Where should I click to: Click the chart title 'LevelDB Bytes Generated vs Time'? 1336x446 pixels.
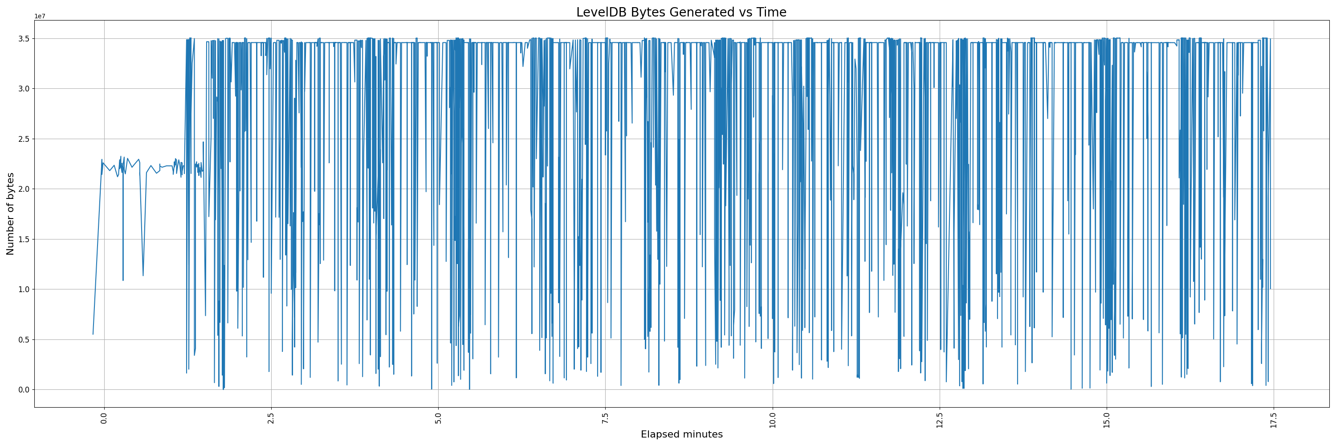click(681, 12)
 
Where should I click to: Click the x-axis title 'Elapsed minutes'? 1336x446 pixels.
click(681, 434)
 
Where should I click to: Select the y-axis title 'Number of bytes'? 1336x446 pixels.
click(10, 214)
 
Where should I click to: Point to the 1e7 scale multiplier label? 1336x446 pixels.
click(40, 16)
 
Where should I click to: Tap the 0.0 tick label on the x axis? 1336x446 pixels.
click(104, 418)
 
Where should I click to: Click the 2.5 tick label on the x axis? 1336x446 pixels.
click(271, 418)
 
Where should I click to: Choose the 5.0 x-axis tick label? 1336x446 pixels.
click(438, 418)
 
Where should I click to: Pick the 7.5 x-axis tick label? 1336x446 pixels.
click(605, 418)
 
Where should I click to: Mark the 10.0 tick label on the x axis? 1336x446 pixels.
click(773, 420)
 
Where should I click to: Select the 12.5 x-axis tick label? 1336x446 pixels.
click(940, 420)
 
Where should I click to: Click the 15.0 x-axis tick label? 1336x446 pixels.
click(1107, 420)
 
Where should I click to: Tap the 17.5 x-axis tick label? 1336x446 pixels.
click(1274, 420)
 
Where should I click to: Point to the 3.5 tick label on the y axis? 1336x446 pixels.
click(24, 39)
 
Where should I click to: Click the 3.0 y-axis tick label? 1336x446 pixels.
click(24, 89)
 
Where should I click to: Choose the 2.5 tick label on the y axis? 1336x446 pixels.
click(24, 139)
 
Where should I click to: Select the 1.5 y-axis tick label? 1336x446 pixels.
click(24, 240)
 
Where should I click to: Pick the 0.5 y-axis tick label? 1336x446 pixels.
click(24, 339)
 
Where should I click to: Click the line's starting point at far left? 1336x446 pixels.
click(93, 334)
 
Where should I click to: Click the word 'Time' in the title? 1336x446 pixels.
click(771, 12)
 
